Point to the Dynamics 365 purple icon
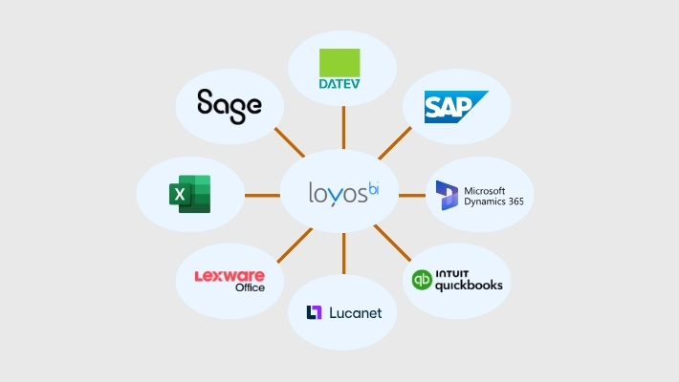(448, 195)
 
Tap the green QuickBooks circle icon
(422, 281)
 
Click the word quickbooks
(469, 285)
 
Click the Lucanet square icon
(314, 312)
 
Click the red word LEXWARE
(230, 275)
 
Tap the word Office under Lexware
(250, 287)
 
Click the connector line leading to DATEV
(343, 127)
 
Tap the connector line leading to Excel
(261, 195)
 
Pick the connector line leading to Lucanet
(343, 257)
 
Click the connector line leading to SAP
(395, 143)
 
